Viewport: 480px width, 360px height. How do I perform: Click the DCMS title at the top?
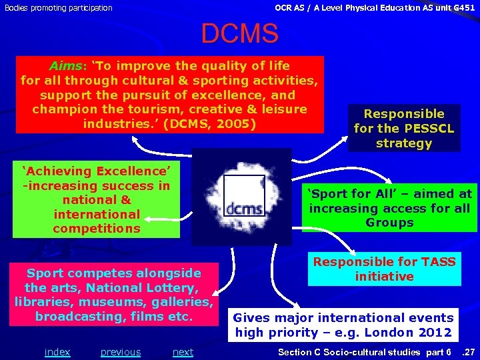coord(239,34)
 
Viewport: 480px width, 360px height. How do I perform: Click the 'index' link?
coord(57,352)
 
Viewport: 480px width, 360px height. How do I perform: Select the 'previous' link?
coord(121,352)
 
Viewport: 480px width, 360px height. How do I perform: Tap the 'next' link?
coord(183,352)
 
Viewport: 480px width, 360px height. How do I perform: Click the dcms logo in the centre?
coord(242,195)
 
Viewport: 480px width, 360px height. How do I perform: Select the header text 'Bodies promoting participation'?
coord(59,8)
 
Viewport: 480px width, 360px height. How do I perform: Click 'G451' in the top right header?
coord(459,7)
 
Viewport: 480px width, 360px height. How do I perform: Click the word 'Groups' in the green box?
coord(389,223)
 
